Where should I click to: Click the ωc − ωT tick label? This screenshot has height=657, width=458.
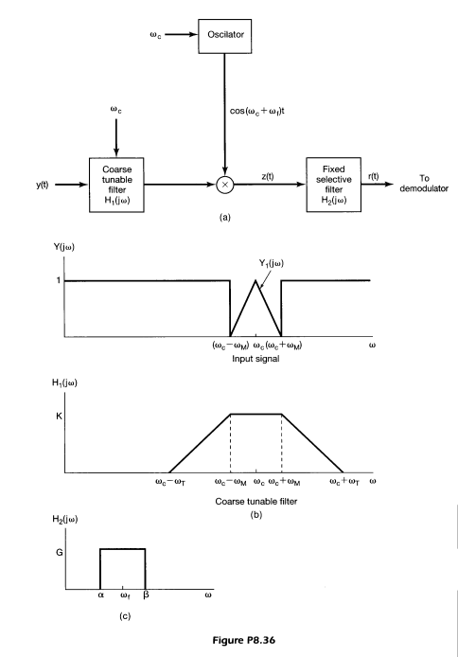coord(169,483)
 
